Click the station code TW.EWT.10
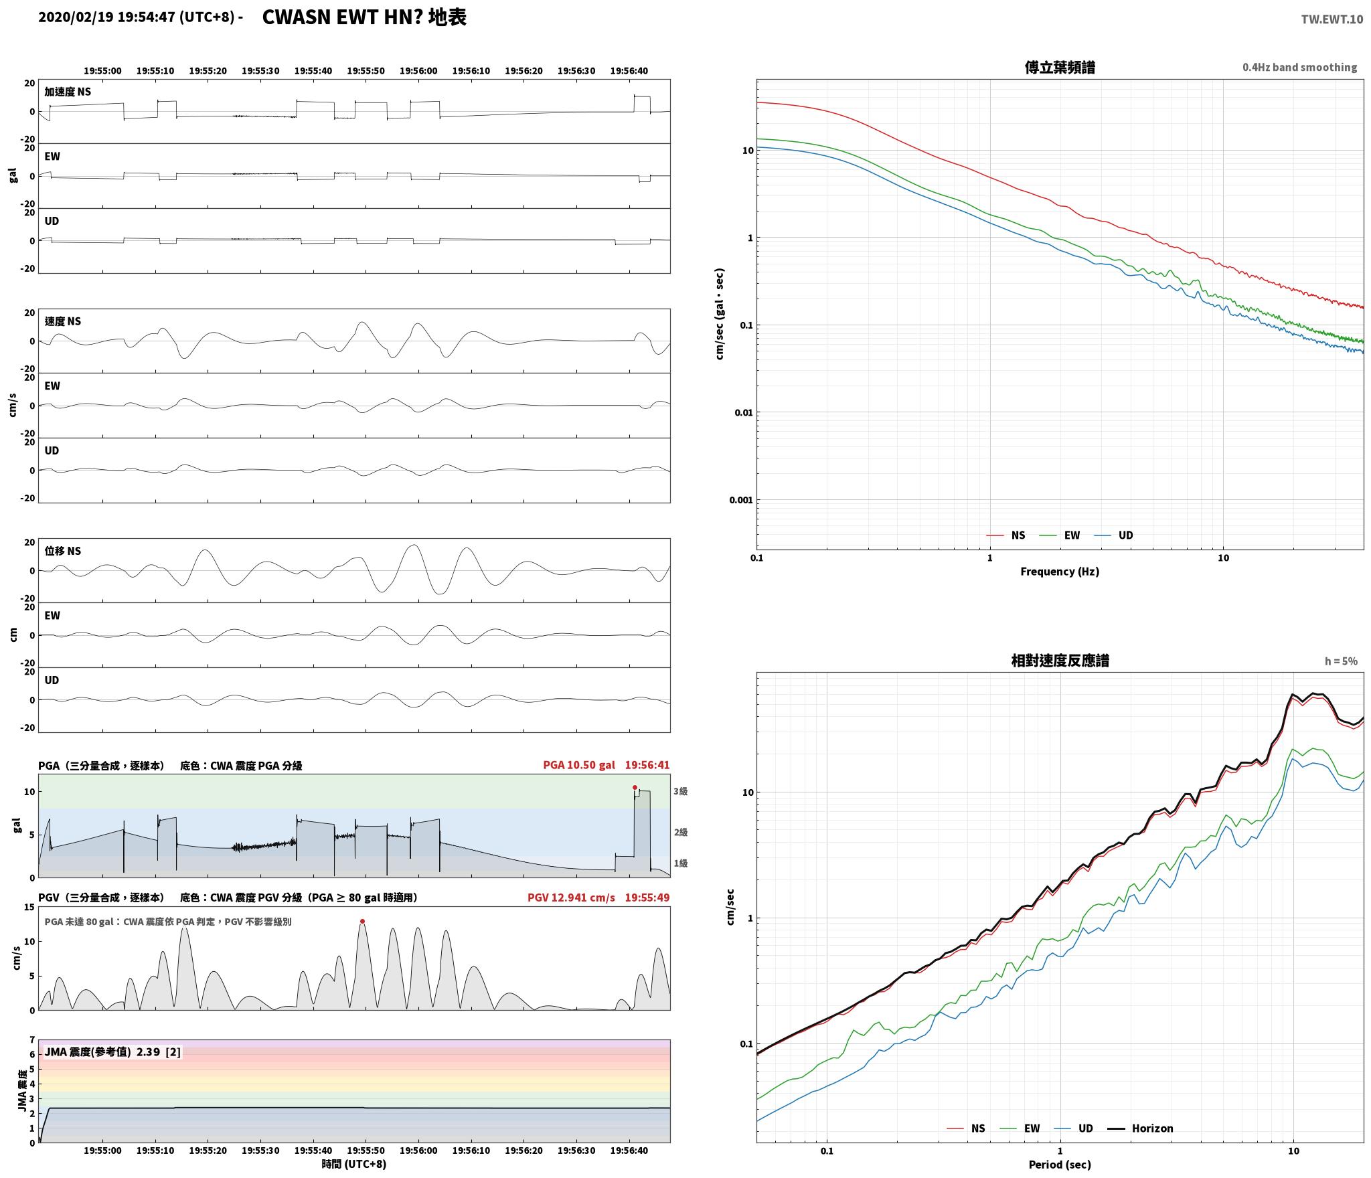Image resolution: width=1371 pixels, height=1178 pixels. point(1332,19)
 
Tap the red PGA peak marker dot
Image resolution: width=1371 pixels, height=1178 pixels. point(635,787)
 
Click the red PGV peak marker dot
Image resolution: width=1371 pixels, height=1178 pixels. point(362,921)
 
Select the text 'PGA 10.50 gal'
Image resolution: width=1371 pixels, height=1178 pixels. point(578,765)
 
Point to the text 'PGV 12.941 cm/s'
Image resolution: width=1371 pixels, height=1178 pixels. point(571,898)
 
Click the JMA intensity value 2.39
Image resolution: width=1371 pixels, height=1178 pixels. point(148,1052)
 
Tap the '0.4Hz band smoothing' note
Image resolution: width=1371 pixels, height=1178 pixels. point(1299,68)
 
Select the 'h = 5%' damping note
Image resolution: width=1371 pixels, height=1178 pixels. point(1341,661)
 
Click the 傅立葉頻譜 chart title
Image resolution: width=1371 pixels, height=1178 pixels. point(1060,67)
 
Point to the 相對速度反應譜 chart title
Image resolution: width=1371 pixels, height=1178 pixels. point(1060,661)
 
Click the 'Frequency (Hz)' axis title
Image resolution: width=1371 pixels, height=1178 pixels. point(1060,572)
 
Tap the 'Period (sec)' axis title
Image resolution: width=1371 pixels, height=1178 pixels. point(1060,1165)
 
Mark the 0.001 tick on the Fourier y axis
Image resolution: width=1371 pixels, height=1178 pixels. point(741,500)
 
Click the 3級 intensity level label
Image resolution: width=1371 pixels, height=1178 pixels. point(681,791)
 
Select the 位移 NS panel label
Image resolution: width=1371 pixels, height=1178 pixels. point(63,551)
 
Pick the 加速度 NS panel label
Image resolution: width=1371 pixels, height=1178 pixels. point(68,92)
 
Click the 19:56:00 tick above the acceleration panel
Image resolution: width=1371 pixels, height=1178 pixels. point(418,71)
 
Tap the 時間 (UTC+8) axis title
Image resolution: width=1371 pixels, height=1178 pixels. point(354,1164)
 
